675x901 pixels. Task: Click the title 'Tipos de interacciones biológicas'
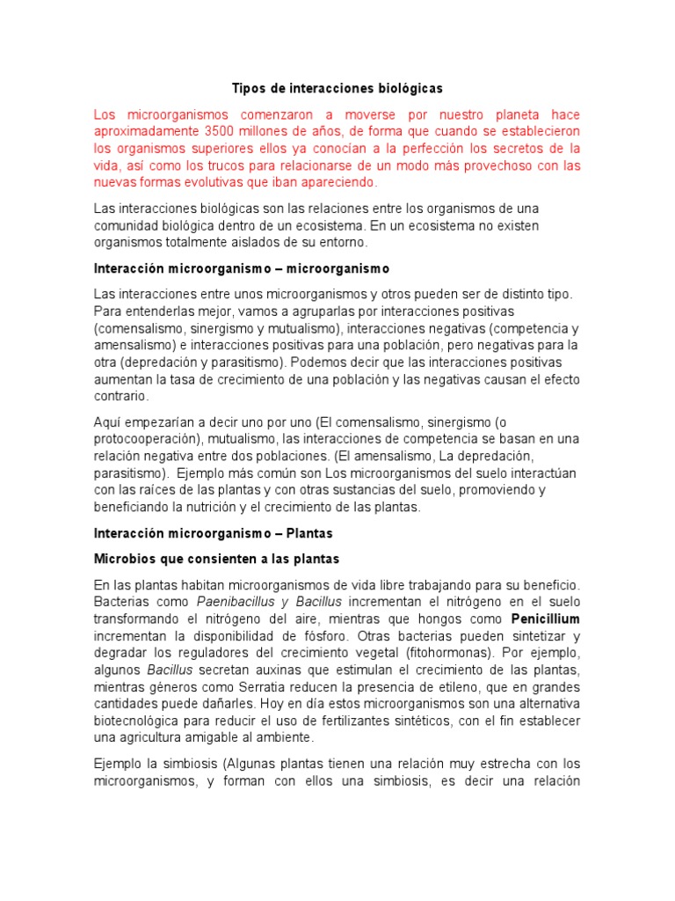(337, 89)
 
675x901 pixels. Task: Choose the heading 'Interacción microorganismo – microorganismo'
(241, 267)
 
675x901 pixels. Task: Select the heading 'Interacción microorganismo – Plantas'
(214, 533)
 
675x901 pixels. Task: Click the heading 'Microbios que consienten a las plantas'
(216, 559)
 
